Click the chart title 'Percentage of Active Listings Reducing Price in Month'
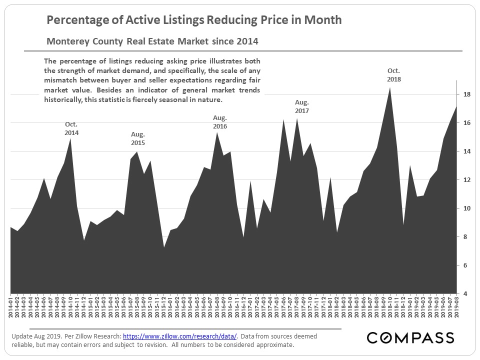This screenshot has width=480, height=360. point(194,20)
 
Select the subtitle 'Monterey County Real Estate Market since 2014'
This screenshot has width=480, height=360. point(152,40)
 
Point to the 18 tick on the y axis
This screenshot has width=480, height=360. point(465,94)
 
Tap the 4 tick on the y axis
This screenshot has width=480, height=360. point(465,294)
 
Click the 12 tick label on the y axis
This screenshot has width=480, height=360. point(465,180)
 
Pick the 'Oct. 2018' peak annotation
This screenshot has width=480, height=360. point(393,75)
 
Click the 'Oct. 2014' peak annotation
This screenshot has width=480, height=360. point(71,129)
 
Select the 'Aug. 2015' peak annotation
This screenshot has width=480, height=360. point(138,138)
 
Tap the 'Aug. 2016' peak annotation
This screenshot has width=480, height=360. point(220,122)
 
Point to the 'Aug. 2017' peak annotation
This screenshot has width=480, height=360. point(302,106)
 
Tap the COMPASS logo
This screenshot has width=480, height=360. point(410,338)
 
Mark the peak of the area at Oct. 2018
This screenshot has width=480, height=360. point(390,88)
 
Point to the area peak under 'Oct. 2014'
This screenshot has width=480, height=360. point(70,139)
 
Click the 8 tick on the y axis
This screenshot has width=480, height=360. point(465,237)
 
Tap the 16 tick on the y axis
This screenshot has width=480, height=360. point(465,123)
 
